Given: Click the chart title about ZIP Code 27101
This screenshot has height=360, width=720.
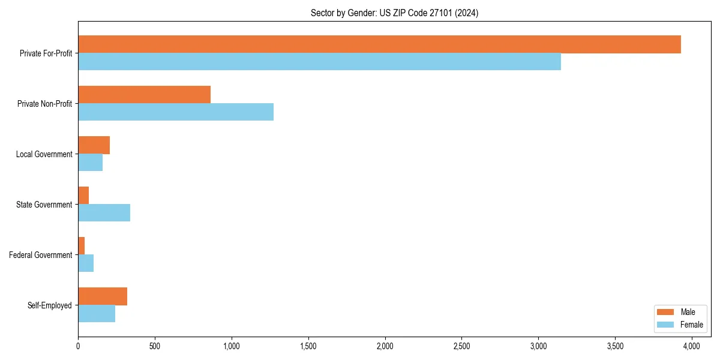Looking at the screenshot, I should point(394,13).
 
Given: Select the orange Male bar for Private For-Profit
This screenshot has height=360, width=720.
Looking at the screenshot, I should point(379,44).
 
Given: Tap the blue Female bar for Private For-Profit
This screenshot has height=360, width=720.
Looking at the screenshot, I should point(319,62).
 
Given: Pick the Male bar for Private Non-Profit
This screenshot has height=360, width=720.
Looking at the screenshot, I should point(144,95).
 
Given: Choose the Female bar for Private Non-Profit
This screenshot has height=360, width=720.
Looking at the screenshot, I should point(176,112).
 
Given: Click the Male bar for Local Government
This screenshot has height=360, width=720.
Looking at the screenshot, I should point(94,145).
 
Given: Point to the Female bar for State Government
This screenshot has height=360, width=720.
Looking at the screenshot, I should point(104,213).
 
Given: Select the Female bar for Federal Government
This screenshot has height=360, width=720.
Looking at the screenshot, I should point(86,263).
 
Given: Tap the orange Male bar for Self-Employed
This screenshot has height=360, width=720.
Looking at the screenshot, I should point(103,296).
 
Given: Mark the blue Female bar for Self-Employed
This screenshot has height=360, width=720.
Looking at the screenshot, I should point(97,314).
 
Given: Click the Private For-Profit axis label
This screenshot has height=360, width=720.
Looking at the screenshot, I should point(46,53).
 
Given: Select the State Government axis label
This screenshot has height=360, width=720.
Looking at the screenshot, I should point(44,205).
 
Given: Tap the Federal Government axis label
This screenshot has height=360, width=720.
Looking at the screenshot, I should point(41,255).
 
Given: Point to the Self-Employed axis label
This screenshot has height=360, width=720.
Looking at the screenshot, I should point(49,305).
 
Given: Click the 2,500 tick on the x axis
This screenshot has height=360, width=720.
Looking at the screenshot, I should point(461,346).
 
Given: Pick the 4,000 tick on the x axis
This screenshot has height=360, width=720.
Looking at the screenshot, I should point(692,346).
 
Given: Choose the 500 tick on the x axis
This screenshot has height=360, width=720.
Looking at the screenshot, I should point(155,346).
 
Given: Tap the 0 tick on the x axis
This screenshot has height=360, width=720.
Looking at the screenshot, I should point(78,346).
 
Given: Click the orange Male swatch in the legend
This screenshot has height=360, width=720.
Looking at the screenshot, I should point(666,312).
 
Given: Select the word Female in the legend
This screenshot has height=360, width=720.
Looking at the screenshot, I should point(691,325).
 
